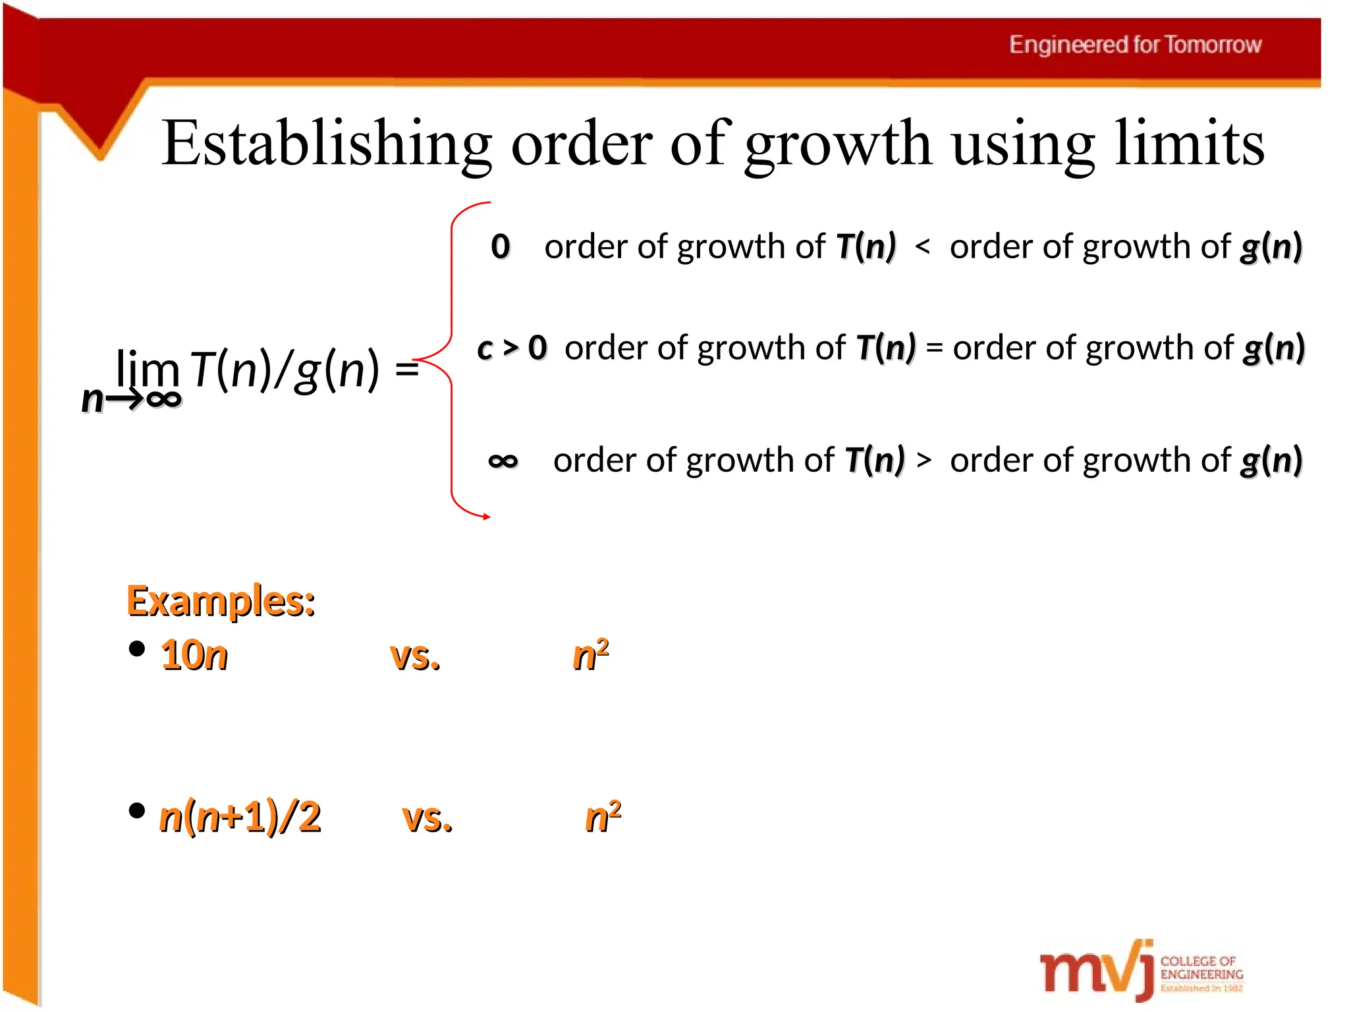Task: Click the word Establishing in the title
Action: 326,144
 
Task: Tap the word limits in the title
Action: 1190,144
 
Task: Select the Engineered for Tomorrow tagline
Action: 1135,45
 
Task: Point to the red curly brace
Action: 452,360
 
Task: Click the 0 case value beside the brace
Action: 501,247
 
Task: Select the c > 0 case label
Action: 512,348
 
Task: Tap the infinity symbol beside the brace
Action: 503,461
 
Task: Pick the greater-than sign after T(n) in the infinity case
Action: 923,460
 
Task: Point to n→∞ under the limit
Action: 131,399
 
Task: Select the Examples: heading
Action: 221,601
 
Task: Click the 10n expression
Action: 194,656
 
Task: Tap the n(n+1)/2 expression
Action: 240,817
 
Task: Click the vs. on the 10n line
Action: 415,657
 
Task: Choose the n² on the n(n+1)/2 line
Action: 603,817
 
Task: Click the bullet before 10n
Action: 137,649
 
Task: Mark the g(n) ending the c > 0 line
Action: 1274,348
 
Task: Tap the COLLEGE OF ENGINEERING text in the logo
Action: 1201,968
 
